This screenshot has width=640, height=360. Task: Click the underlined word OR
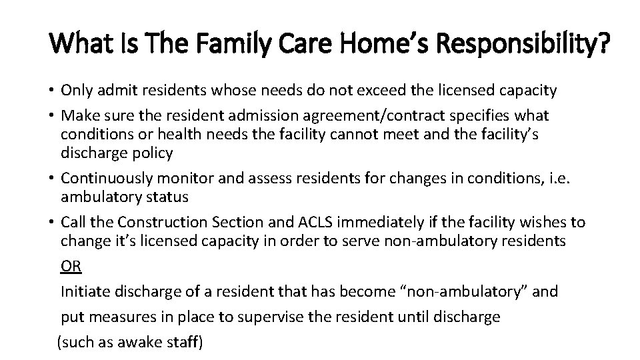click(71, 267)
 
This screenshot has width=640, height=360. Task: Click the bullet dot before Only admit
click(51, 90)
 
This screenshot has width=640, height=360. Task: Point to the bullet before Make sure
click(51, 116)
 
